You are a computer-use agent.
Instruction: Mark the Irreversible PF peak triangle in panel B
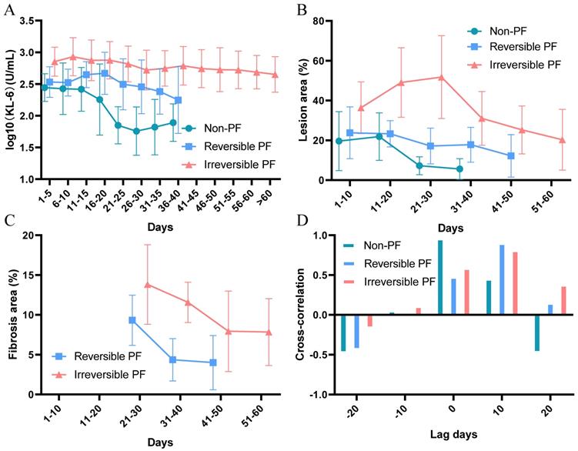[441, 77]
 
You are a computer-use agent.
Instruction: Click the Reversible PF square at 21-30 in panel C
[132, 320]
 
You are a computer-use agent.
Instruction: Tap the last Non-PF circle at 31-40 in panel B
[459, 169]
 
